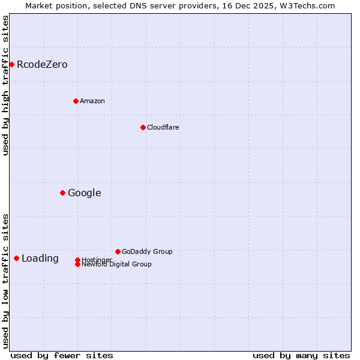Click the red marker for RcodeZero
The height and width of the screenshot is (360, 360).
[11, 64]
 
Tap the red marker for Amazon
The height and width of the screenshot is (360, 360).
[76, 101]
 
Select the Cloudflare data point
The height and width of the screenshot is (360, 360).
[143, 127]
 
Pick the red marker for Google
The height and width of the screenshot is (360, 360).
[62, 193]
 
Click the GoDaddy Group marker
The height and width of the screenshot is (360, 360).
[118, 251]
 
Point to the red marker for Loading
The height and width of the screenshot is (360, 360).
[16, 258]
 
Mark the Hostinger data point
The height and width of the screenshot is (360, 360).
[77, 260]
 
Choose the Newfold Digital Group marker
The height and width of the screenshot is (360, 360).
[77, 265]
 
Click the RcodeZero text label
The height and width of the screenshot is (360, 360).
[42, 64]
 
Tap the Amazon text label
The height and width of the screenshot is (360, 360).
[92, 101]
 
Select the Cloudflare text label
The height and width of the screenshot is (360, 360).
[163, 127]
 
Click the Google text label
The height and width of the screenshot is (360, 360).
[85, 193]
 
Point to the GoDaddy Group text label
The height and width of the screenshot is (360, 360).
[147, 251]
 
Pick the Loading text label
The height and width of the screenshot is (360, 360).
[40, 259]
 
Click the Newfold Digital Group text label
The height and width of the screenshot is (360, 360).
[117, 265]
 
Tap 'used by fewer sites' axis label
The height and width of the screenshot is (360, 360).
[62, 355]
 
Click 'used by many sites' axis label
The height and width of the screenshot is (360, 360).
[301, 355]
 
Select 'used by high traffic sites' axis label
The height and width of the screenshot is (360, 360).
[5, 85]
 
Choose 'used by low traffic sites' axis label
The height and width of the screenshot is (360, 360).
[5, 280]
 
